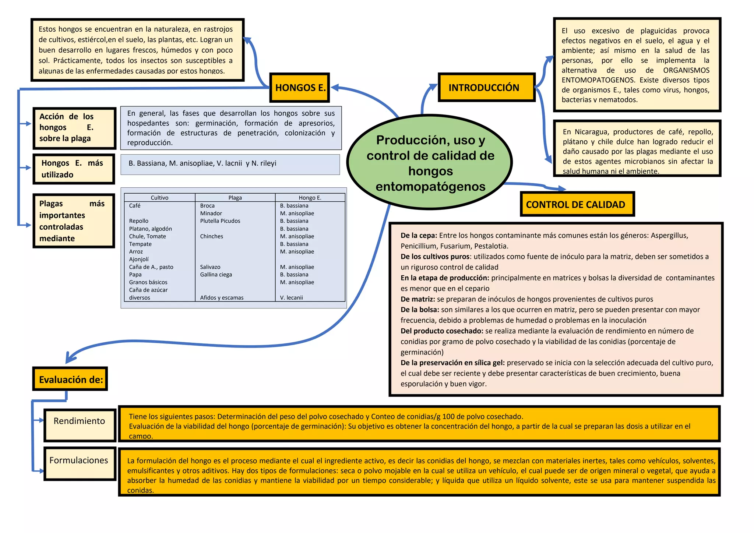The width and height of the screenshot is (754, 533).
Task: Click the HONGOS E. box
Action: click(x=300, y=88)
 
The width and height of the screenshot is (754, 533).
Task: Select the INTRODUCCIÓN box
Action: click(x=486, y=88)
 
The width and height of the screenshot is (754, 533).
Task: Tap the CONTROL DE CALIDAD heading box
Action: click(x=577, y=204)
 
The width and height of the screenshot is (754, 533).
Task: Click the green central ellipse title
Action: click(x=430, y=163)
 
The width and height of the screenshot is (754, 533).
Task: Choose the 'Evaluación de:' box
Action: click(x=70, y=379)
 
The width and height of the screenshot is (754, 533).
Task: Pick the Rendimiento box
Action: click(x=80, y=425)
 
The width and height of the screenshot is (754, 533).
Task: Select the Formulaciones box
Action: click(x=80, y=463)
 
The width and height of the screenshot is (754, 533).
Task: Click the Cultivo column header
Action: click(x=159, y=198)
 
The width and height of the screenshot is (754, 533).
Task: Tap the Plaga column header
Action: click(x=235, y=198)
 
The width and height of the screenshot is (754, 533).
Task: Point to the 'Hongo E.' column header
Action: click(x=310, y=198)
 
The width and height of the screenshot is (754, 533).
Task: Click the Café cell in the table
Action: click(x=135, y=206)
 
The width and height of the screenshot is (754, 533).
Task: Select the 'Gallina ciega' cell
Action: click(x=216, y=275)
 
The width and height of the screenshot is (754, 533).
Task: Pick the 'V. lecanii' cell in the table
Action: click(x=291, y=298)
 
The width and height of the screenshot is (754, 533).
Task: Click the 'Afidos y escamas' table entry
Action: click(x=222, y=298)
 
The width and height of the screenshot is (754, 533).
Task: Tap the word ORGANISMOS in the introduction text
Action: click(x=686, y=70)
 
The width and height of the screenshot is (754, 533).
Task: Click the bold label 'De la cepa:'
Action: click(x=419, y=236)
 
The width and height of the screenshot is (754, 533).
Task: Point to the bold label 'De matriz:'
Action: click(x=417, y=299)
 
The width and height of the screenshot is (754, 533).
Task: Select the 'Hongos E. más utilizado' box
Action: click(x=74, y=169)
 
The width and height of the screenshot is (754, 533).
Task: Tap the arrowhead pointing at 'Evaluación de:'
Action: click(x=69, y=359)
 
